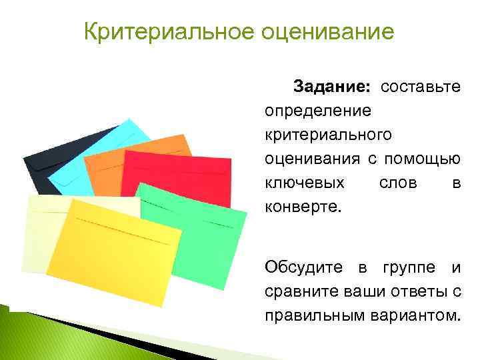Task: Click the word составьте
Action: tap(421, 87)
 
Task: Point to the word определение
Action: tap(319, 111)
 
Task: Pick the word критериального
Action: tap(329, 135)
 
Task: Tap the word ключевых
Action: tap(305, 182)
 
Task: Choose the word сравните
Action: tap(296, 292)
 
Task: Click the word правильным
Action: tap(315, 315)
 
